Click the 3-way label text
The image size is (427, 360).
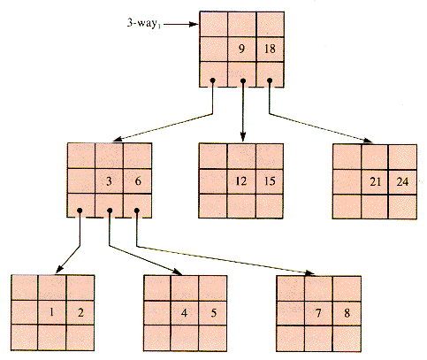(144, 23)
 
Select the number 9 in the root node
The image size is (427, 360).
(241, 49)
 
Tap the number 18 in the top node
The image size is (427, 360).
(270, 49)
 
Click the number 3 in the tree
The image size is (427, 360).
(109, 181)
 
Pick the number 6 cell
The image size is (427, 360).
(138, 181)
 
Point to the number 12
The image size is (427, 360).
(241, 181)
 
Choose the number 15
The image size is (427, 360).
(270, 181)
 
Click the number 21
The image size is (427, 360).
(376, 181)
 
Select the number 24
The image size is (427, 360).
(402, 181)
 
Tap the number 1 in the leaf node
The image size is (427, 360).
(51, 312)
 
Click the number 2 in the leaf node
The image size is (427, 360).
(80, 312)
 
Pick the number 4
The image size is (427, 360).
(184, 312)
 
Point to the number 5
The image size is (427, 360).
(214, 312)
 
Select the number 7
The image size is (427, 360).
(318, 313)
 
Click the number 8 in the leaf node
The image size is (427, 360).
(347, 313)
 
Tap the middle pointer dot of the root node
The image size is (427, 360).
(243, 80)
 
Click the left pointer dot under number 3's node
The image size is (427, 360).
(80, 211)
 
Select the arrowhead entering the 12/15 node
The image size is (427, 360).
(243, 137)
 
